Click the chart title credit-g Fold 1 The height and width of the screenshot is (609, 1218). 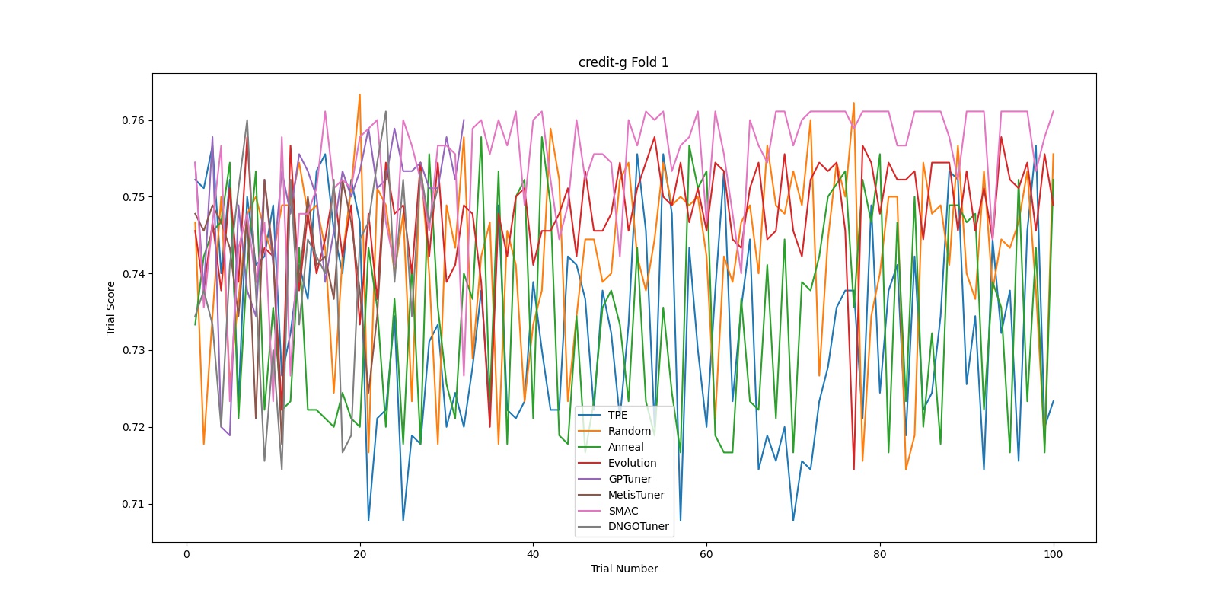623,62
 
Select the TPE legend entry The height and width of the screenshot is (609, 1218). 617,415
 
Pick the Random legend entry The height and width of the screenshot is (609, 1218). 629,431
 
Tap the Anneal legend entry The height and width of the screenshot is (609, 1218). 625,447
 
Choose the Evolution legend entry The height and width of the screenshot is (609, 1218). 632,463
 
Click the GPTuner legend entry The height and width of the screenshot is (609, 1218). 630,479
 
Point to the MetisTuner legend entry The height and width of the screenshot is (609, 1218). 636,495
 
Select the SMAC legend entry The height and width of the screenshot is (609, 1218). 623,511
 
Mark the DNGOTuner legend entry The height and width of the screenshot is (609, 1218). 638,527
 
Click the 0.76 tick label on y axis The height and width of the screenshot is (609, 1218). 132,120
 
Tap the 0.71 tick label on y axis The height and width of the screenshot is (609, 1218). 132,504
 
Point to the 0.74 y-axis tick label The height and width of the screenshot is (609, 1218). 132,274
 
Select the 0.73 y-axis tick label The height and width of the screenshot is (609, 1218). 132,351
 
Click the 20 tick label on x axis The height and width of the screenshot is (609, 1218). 360,554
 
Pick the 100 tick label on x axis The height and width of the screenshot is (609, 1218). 1053,554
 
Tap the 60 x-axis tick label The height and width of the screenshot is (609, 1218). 706,554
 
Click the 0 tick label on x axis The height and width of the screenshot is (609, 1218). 187,554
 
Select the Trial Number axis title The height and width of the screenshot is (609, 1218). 623,569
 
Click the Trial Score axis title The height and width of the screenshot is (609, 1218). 111,308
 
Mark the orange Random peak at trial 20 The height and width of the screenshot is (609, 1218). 360,94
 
